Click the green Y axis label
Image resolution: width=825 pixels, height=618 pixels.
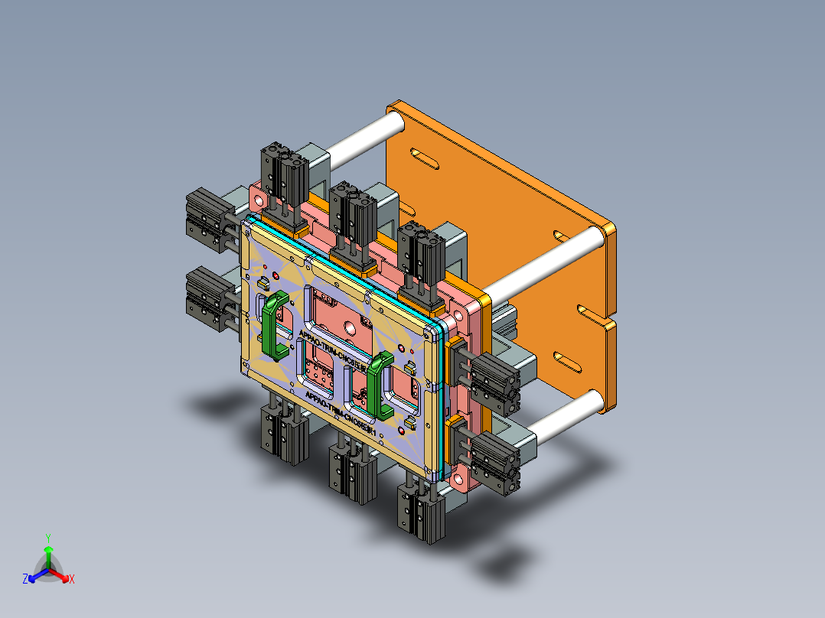click(47, 538)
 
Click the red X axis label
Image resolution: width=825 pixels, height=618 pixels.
click(72, 580)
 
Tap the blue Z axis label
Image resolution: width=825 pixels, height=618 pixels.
click(25, 580)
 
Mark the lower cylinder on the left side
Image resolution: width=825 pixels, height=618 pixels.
click(204, 295)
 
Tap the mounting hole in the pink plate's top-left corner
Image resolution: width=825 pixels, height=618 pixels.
click(259, 200)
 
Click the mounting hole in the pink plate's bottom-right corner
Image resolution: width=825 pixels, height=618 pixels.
click(459, 479)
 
